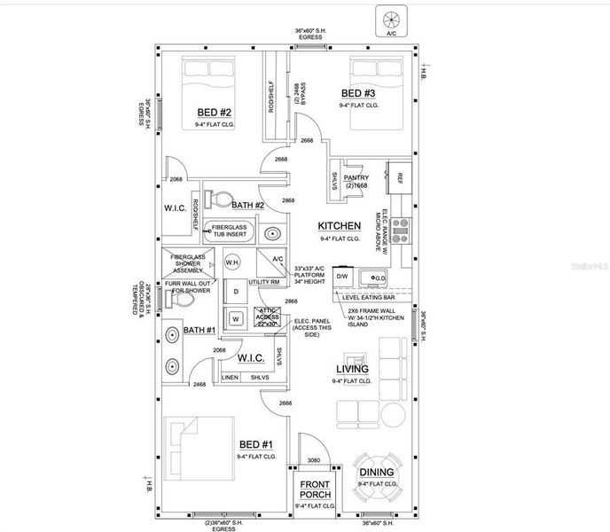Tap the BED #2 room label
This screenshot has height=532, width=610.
(214, 113)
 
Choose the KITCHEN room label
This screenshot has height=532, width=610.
(340, 226)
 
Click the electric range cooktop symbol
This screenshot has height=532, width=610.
(400, 230)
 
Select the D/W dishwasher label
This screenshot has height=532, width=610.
(342, 277)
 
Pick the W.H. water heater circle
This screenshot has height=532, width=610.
(233, 262)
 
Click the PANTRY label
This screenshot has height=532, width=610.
(356, 176)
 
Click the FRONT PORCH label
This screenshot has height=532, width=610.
(315, 489)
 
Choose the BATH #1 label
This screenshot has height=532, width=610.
(199, 331)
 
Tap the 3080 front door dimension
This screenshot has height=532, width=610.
(315, 459)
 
